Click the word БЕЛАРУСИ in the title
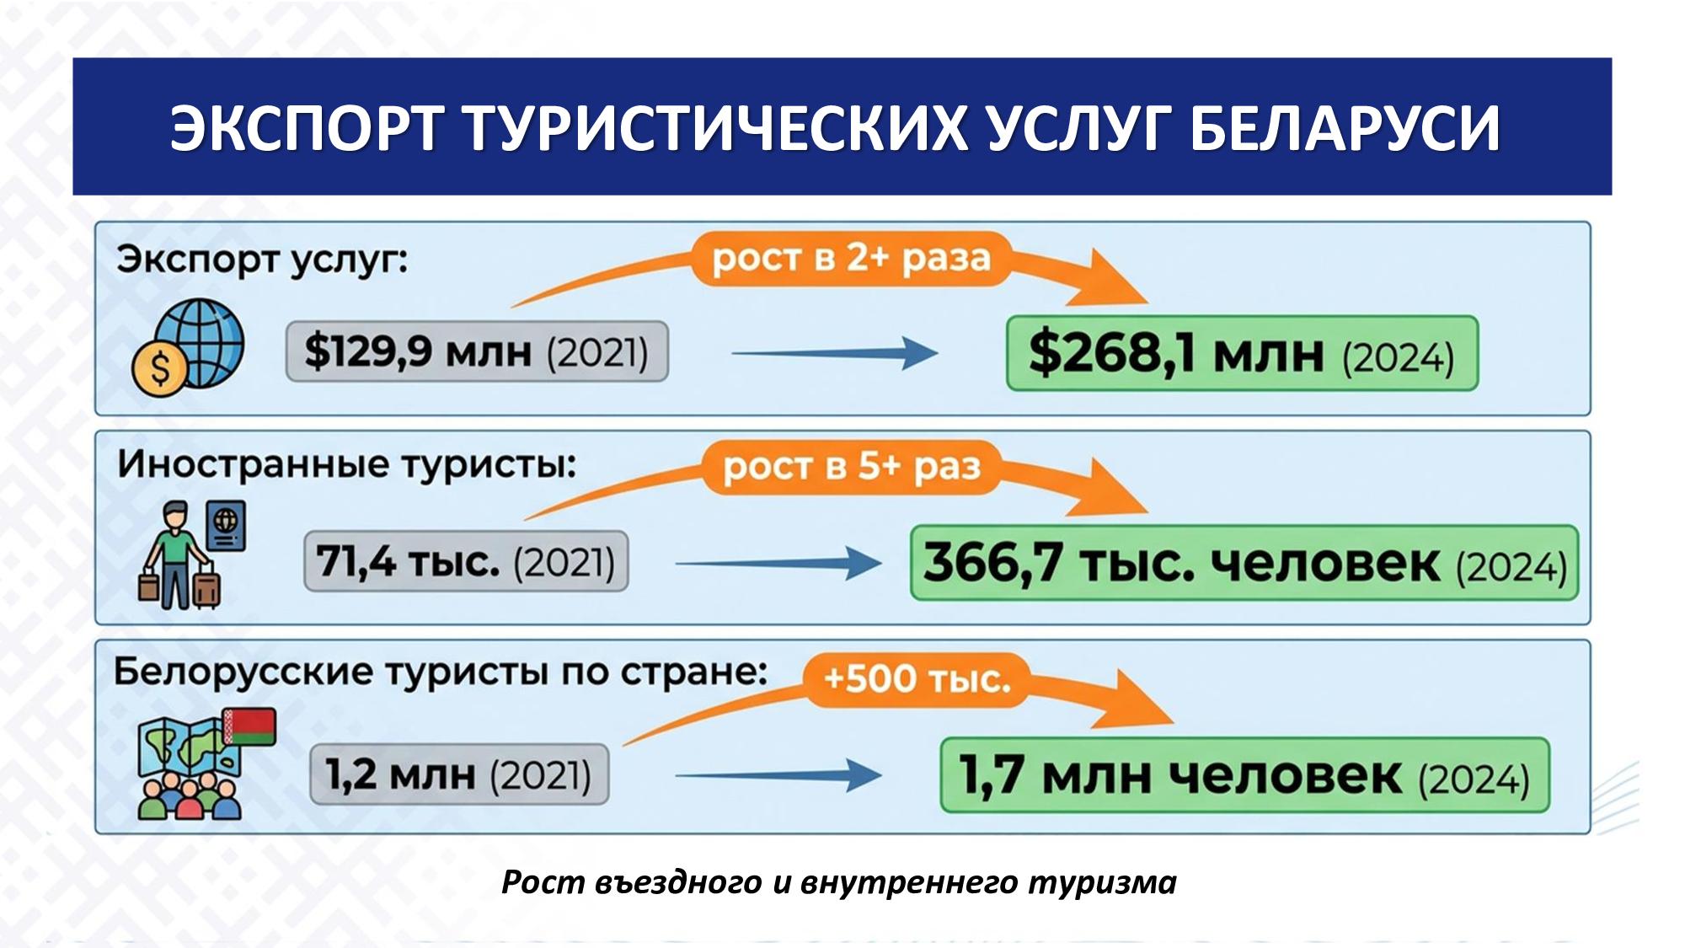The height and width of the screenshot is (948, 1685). (1345, 128)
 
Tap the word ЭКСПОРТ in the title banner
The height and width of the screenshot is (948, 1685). (307, 128)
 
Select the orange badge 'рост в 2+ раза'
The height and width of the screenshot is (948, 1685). (851, 259)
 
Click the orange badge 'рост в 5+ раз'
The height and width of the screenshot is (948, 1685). (852, 467)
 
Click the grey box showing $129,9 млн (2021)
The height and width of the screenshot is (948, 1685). (477, 351)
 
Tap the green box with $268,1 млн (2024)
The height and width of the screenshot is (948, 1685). (1242, 353)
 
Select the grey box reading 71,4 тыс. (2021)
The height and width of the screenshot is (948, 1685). (466, 561)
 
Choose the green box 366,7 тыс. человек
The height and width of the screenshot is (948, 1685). (1244, 563)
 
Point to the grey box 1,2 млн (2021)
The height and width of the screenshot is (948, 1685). (459, 774)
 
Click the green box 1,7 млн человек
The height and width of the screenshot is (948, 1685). (1244, 775)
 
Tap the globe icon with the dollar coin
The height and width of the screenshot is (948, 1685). (188, 346)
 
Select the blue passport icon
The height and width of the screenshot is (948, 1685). (226, 527)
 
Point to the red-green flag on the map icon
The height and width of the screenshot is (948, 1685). (249, 727)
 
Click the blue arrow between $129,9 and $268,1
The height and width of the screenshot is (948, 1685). (834, 353)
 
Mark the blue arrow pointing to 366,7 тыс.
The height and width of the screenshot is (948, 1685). (778, 563)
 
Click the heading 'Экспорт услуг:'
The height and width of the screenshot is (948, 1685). (262, 260)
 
